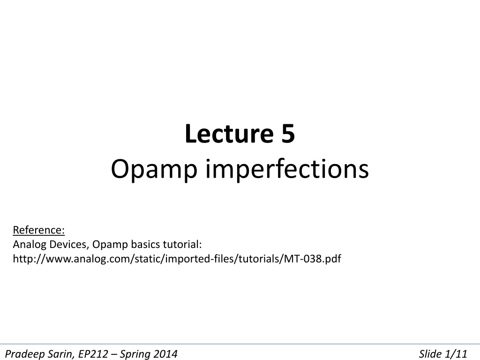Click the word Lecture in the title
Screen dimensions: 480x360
tap(229, 134)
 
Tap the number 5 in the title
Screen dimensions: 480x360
tap(288, 134)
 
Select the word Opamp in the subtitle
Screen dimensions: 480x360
tap(154, 170)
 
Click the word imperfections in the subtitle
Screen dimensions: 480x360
tap(287, 169)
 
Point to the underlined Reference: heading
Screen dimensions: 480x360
tap(39, 230)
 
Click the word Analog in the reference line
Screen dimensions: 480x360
tap(30, 245)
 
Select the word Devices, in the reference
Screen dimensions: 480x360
tap(69, 245)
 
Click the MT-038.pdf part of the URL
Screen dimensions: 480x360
tap(313, 259)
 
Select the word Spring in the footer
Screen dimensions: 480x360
tap(135, 354)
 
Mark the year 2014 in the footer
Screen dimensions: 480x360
tap(165, 354)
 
